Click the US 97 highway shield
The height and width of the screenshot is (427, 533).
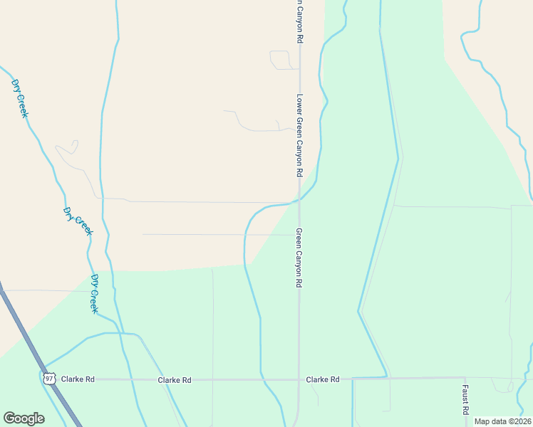tap(49, 378)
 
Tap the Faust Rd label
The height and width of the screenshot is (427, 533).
tap(465, 400)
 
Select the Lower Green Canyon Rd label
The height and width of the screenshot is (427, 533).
tap(300, 136)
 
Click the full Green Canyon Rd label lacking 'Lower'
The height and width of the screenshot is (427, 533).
tap(299, 258)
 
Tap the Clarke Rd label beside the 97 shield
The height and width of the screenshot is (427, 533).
tap(78, 379)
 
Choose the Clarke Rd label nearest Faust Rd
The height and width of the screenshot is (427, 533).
tap(322, 379)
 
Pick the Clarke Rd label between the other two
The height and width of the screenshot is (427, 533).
tap(175, 380)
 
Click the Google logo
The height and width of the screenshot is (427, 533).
tap(24, 418)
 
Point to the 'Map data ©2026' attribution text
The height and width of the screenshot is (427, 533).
tap(502, 421)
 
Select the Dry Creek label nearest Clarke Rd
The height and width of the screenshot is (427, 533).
tap(93, 293)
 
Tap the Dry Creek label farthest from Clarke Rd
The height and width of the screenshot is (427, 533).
tap(19, 98)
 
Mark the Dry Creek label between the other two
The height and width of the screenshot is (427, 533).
tap(78, 221)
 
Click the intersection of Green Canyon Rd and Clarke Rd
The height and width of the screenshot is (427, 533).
tap(299, 379)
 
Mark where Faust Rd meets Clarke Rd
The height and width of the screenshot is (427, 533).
tap(465, 378)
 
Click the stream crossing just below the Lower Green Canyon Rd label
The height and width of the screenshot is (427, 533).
tap(299, 199)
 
